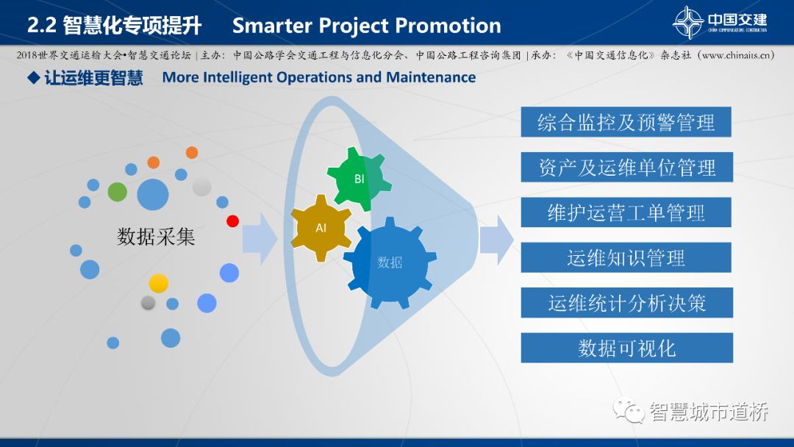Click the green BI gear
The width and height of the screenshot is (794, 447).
point(359,179)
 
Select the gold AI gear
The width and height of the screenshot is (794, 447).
point(321,228)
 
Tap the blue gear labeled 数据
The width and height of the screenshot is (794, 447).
point(390,262)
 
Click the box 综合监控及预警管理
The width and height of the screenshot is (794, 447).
point(626,122)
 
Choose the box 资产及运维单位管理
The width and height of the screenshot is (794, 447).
point(627,167)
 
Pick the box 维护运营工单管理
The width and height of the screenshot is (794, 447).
point(626,212)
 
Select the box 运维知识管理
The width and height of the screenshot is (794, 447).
point(626,257)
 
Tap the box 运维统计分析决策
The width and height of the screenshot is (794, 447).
point(627,303)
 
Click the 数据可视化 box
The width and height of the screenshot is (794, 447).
point(627,348)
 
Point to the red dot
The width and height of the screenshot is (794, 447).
point(232,221)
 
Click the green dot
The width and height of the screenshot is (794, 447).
point(118,192)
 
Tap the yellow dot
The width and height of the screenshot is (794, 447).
point(159,284)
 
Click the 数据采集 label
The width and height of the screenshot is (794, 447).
point(156,237)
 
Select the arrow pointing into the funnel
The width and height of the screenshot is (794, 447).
point(260,239)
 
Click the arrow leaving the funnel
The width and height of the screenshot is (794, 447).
point(497,240)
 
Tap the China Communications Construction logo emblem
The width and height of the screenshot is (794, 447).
point(687,22)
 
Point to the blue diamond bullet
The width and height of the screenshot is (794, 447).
point(34,77)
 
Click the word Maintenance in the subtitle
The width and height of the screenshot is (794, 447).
point(431,77)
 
